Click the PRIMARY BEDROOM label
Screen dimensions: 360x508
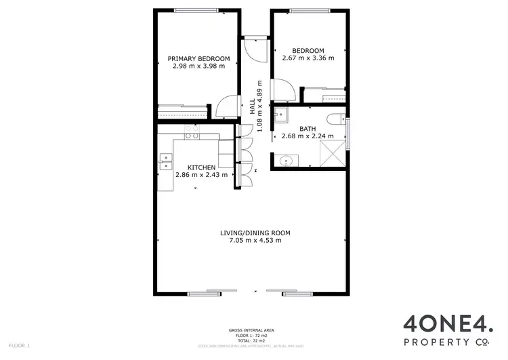tap(198, 59)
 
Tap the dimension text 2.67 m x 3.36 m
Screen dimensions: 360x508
tap(308, 58)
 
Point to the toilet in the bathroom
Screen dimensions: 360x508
tap(335, 119)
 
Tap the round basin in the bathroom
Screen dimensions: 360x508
tap(285, 161)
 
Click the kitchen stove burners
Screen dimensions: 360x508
tap(192, 132)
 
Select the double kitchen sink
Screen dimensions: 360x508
tap(165, 161)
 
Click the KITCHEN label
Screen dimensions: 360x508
tap(201, 167)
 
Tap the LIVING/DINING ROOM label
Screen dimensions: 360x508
tap(250, 233)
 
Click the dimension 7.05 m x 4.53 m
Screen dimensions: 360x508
tap(250, 241)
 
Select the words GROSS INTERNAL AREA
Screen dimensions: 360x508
tap(251, 330)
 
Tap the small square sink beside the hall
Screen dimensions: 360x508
tap(280, 115)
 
